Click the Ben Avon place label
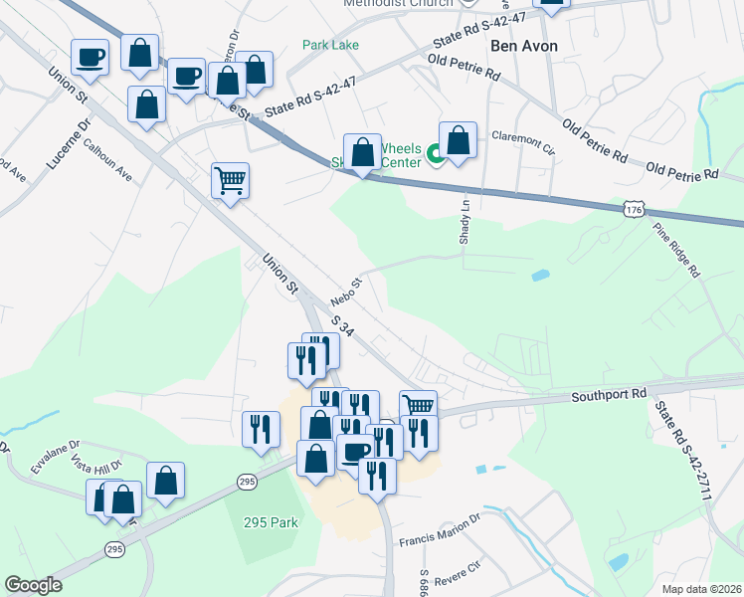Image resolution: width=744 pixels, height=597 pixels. [523, 46]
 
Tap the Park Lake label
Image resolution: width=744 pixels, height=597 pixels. [331, 45]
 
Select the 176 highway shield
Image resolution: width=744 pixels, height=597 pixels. [633, 208]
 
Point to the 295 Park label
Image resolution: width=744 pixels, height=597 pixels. [271, 521]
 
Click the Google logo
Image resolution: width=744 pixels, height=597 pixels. [33, 585]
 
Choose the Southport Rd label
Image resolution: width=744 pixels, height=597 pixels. [609, 395]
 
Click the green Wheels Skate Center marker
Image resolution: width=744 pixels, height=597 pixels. [436, 154]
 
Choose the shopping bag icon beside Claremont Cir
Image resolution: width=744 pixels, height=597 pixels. [459, 141]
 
